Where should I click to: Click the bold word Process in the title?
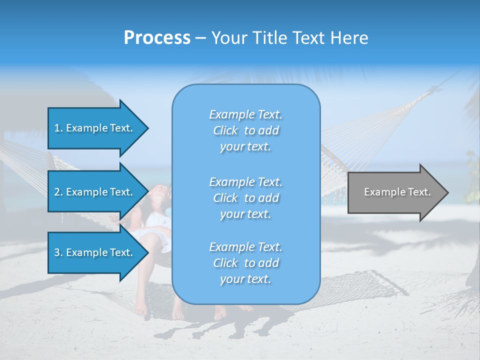point(157,38)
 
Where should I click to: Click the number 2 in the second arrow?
point(57,192)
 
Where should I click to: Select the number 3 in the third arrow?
point(57,252)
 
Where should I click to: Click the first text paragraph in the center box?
point(245,130)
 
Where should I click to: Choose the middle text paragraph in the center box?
point(245,198)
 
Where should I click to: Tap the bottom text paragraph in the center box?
point(245,263)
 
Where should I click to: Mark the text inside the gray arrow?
point(397,192)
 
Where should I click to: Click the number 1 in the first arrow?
point(57,128)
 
